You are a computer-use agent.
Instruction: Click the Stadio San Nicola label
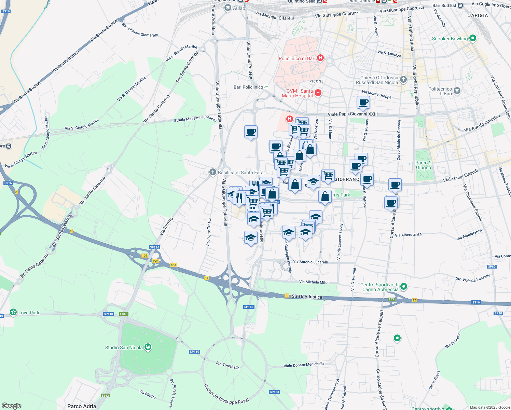tap(124, 347)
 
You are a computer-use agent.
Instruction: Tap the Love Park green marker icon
tap(13, 312)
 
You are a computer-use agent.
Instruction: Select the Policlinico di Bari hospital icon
tap(320, 58)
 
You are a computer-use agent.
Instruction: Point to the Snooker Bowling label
tap(450, 39)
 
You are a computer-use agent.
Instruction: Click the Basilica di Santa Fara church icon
tap(213, 172)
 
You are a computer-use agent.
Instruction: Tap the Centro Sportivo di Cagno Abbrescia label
tap(379, 287)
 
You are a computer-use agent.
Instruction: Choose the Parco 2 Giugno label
tap(424, 165)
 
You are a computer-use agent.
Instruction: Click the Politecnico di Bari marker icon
tap(457, 91)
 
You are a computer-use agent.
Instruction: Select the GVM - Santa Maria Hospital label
tap(297, 93)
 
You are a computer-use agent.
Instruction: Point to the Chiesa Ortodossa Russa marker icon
tap(403, 80)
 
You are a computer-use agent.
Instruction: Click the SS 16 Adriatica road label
tap(307, 297)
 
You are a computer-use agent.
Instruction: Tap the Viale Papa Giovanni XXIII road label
tap(353, 114)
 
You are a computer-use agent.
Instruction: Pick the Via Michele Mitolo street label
tap(315, 282)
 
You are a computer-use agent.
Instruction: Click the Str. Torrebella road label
tap(227, 365)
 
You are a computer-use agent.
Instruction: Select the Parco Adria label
tap(82, 406)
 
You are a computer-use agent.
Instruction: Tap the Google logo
tap(11, 406)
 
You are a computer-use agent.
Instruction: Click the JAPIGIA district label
tap(478, 15)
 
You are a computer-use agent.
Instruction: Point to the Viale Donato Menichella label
tap(304, 365)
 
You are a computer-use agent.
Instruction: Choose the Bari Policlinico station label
tap(248, 87)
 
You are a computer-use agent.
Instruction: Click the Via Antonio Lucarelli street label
tap(310, 262)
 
